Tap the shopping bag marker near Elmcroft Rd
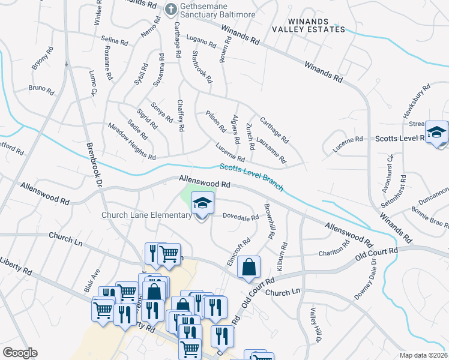(249, 268)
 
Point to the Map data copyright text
(424, 355)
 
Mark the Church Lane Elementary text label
(146, 215)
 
